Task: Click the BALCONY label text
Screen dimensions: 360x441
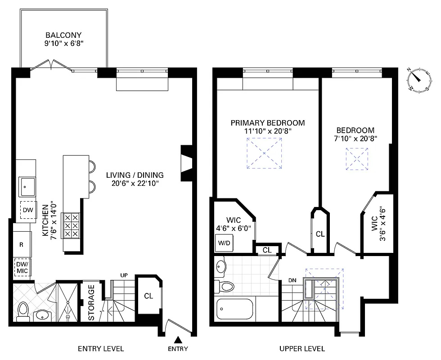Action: [63, 35]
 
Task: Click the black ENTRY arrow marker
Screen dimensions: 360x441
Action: [179, 340]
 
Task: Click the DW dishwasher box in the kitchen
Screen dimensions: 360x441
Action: [27, 210]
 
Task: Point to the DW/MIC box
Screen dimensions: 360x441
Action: [22, 268]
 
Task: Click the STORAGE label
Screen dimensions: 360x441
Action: [91, 302]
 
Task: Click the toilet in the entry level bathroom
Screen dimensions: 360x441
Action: [23, 311]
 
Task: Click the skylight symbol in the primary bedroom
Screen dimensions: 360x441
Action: [264, 153]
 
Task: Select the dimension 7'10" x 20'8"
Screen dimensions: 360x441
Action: [358, 139]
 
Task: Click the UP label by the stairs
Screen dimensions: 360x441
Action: [125, 275]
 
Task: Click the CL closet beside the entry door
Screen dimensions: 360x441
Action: [148, 296]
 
